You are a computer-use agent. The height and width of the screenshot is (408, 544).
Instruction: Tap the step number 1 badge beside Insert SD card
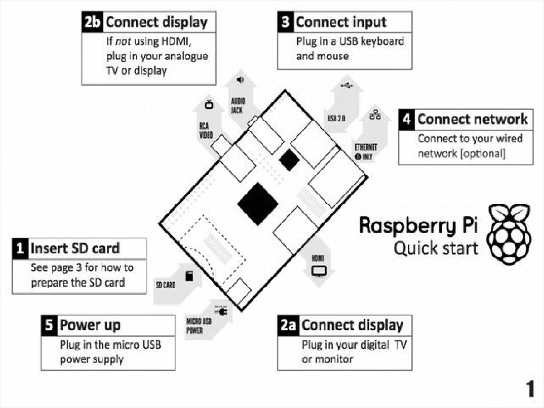20,248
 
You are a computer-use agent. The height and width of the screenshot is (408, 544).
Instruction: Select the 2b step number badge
92,22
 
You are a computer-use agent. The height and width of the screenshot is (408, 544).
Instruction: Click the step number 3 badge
285,22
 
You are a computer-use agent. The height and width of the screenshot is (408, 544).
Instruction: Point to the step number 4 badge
407,119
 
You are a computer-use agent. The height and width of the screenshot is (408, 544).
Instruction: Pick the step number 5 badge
49,325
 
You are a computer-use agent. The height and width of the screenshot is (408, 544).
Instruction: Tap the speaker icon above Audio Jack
240,80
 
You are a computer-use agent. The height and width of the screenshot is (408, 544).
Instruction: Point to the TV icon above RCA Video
209,105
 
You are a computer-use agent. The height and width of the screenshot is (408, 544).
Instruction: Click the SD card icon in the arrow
189,276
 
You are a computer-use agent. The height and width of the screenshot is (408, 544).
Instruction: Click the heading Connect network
472,119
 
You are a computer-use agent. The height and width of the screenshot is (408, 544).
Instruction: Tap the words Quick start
435,248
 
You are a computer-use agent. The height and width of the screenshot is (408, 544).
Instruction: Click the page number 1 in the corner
529,389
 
